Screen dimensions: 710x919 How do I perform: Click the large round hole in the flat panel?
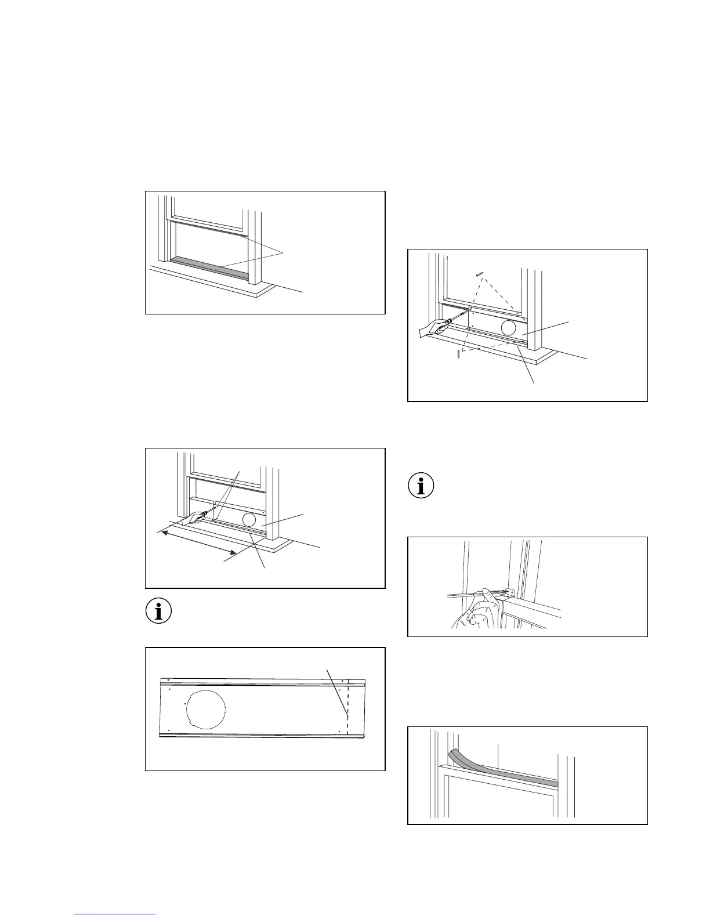click(x=206, y=707)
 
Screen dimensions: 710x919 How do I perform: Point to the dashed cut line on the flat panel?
click(x=347, y=714)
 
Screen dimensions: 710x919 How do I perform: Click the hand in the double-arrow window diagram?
click(x=194, y=516)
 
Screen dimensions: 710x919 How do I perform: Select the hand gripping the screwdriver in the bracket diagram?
click(x=476, y=614)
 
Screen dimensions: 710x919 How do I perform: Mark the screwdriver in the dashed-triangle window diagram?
click(x=455, y=318)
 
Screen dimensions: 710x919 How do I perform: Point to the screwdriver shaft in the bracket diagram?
click(x=461, y=594)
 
